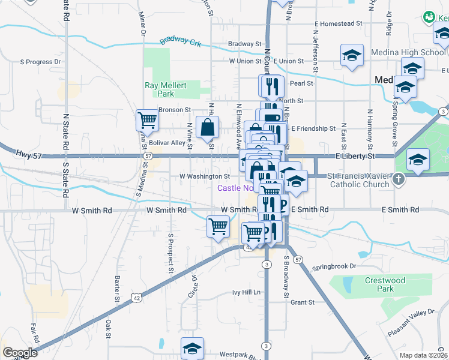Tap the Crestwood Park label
pos(385,284)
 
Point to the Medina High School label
pos(408,52)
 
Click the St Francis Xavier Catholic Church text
pos(359,180)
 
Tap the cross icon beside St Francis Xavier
pos(398,179)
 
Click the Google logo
pos(20,353)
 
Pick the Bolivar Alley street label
pos(167,143)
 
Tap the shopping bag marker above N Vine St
pos(207,127)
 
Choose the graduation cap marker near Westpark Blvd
pos(192,348)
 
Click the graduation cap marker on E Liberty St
pos(418,160)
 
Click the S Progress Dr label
pos(41,61)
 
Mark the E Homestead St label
pos(339,23)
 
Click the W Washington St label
pos(205,176)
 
